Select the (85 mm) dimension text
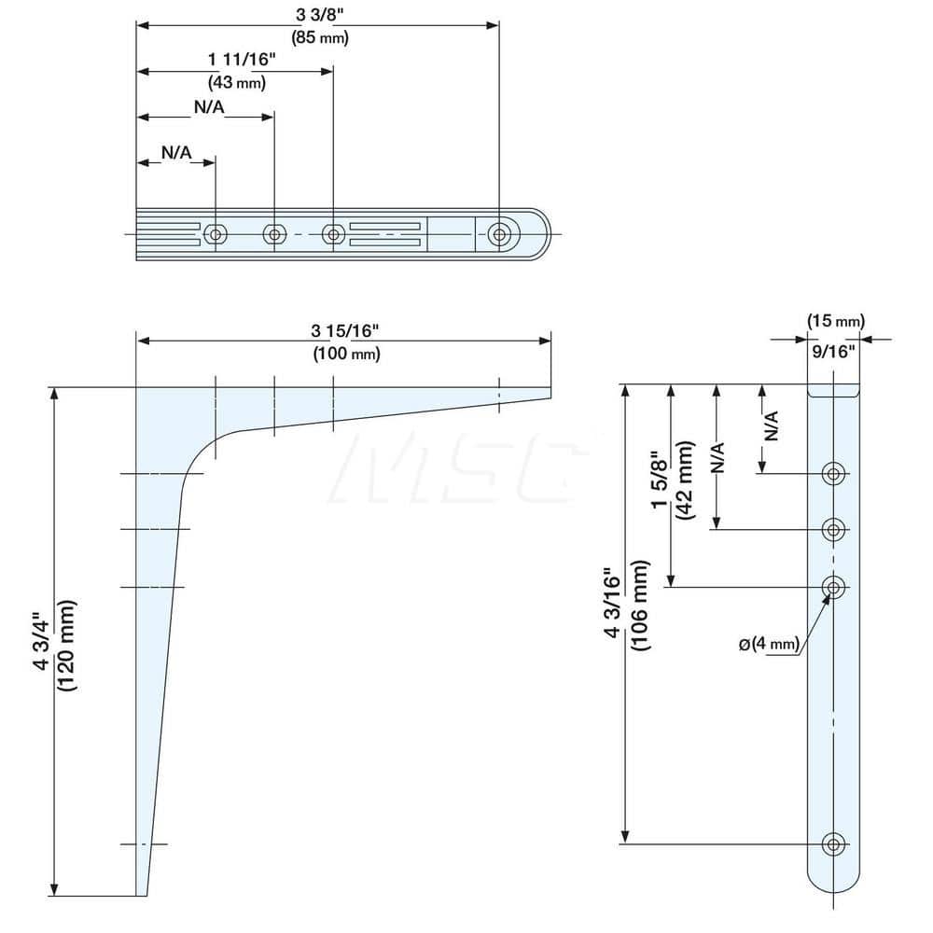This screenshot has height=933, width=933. pos(319,37)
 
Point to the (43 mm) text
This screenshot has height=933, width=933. pos(237,82)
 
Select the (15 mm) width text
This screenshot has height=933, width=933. pos(835,322)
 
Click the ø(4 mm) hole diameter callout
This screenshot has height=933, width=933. pos(770,645)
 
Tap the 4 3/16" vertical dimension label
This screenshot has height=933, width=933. pos(613,606)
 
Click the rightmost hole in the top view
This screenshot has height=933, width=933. pos(500,233)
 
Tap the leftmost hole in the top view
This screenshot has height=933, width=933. pos(216,233)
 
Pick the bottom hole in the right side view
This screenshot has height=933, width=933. pos(833,844)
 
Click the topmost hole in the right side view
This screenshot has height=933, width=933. pos(833,474)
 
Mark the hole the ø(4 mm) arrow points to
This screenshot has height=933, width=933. pos(833,587)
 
